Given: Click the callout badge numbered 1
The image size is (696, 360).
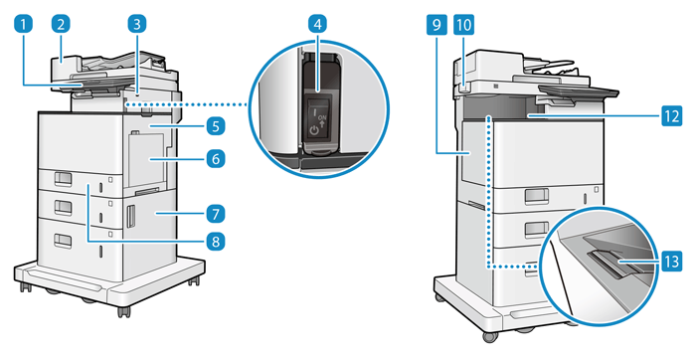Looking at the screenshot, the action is pyautogui.click(x=24, y=25).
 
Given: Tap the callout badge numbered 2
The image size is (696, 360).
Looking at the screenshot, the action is pyautogui.click(x=61, y=25).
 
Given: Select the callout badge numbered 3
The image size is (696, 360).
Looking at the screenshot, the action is pyautogui.click(x=137, y=25).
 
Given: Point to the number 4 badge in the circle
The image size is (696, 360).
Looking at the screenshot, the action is pyautogui.click(x=317, y=25).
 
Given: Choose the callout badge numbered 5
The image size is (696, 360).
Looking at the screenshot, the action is pyautogui.click(x=216, y=126).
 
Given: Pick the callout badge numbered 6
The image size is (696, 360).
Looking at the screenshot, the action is pyautogui.click(x=216, y=158).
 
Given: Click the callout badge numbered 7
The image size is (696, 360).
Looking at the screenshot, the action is pyautogui.click(x=216, y=214).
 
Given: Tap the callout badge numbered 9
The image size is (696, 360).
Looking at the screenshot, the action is pyautogui.click(x=436, y=25).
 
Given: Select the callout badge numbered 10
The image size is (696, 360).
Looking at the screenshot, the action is pyautogui.click(x=463, y=25).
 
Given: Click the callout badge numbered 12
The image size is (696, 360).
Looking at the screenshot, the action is pyautogui.click(x=671, y=116).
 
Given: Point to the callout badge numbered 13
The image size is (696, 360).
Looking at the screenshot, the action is pyautogui.click(x=671, y=262).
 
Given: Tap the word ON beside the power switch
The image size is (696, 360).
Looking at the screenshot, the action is pyautogui.click(x=322, y=117).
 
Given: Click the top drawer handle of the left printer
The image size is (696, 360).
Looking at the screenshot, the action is pyautogui.click(x=63, y=178).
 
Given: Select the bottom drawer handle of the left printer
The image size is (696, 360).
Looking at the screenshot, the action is pyautogui.click(x=63, y=241).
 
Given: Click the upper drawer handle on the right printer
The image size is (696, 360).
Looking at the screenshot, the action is pyautogui.click(x=536, y=196).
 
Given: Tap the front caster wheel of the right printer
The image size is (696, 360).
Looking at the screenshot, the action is pyautogui.click(x=489, y=336).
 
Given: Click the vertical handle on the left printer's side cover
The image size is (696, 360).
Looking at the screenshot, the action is pyautogui.click(x=130, y=217).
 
